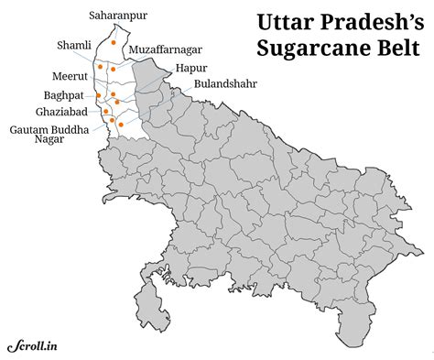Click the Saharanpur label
pyautogui.click(x=118, y=16)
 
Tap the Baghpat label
pyautogui.click(x=64, y=94)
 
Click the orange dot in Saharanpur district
pyautogui.click(x=113, y=42)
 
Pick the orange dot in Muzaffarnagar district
pyautogui.click(x=114, y=68)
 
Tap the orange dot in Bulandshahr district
pyautogui.click(x=121, y=123)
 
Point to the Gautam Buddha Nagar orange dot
pyautogui.click(x=112, y=120)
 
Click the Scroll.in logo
pyautogui.click(x=31, y=345)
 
